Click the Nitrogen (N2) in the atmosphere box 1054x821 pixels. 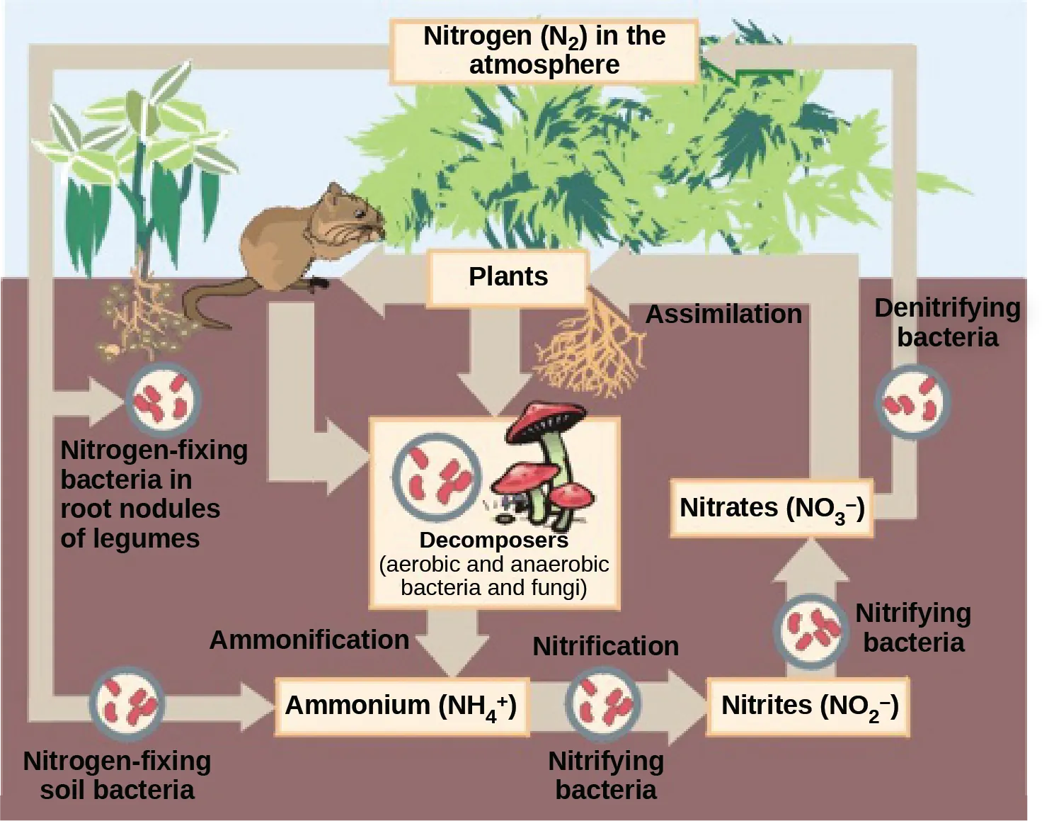(x=544, y=50)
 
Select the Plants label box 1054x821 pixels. (x=508, y=276)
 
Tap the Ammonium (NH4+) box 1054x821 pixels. (x=401, y=706)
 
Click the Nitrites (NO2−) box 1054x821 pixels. (x=809, y=706)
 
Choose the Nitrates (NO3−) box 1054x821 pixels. (x=772, y=508)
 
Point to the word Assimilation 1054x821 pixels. (x=723, y=314)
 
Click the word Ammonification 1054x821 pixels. (x=309, y=640)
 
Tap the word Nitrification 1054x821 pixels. (x=605, y=646)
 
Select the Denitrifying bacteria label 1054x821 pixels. (x=947, y=322)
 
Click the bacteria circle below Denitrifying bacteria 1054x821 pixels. (x=913, y=402)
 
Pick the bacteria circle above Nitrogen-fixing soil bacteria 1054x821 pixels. (x=127, y=704)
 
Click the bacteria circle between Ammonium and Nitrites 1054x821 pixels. (x=603, y=704)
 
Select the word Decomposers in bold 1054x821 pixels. (x=493, y=540)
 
